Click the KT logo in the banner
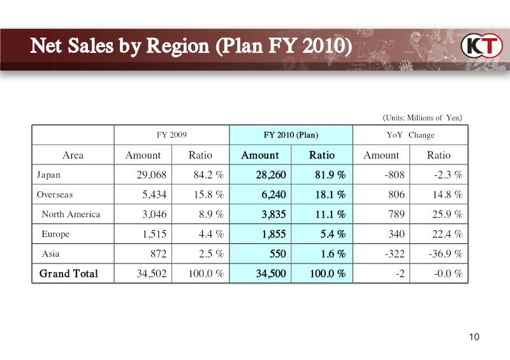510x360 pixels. (x=482, y=45)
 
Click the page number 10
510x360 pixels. (x=474, y=337)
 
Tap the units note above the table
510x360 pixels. (x=422, y=118)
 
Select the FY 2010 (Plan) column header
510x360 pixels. (x=291, y=135)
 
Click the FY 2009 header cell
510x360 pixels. (x=171, y=135)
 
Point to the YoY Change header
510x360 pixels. (x=411, y=135)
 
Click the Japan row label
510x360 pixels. (x=48, y=175)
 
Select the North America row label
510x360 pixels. (x=71, y=214)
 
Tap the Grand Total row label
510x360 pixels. (x=69, y=273)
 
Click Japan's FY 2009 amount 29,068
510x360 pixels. (x=152, y=175)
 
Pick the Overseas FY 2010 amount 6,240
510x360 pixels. (x=273, y=194)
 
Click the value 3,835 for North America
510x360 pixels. (x=273, y=214)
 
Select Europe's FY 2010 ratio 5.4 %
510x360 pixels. (x=333, y=234)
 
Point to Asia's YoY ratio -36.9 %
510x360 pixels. (x=446, y=254)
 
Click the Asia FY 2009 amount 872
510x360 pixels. (x=158, y=254)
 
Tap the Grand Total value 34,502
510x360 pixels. (x=152, y=273)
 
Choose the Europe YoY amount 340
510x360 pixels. (x=397, y=234)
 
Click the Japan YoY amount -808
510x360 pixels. (x=395, y=175)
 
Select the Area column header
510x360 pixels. (x=73, y=155)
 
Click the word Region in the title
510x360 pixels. (x=178, y=46)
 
